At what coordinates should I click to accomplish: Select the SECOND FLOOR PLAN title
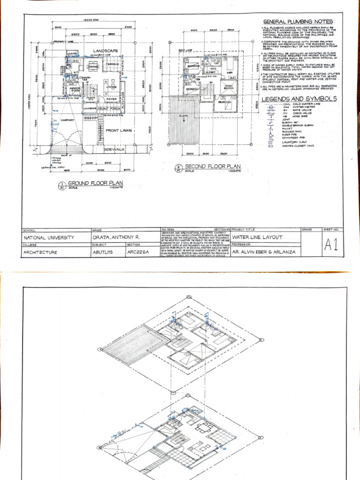pyautogui.click(x=213, y=166)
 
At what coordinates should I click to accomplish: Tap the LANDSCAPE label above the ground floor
pyautogui.click(x=105, y=51)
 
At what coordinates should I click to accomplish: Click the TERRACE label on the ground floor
pyautogui.click(x=113, y=64)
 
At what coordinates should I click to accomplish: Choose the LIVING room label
pyautogui.click(x=111, y=87)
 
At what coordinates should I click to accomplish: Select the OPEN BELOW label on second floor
pyautogui.click(x=230, y=87)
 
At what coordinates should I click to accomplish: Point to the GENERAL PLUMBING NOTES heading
pyautogui.click(x=299, y=22)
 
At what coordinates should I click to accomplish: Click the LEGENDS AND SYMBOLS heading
pyautogui.click(x=299, y=99)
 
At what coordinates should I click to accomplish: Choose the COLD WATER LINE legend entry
pyautogui.click(x=300, y=105)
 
